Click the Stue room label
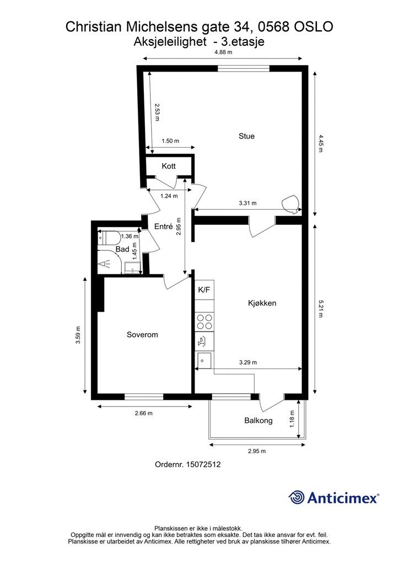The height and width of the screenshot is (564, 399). [x=246, y=136]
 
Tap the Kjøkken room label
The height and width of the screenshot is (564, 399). [x=262, y=303]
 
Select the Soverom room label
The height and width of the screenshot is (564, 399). [x=142, y=334]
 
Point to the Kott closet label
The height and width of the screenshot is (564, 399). [x=169, y=166]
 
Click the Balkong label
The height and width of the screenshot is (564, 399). [x=258, y=420]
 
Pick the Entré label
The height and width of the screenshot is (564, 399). [x=163, y=226]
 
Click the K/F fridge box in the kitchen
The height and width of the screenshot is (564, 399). [x=204, y=290]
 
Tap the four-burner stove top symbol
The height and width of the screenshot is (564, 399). [x=204, y=322]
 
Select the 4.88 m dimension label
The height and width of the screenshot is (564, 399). [x=223, y=52]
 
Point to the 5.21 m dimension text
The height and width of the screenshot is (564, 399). [x=320, y=308]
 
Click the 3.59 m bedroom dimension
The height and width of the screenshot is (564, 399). [x=78, y=335]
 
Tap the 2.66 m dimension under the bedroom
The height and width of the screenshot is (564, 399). [x=143, y=413]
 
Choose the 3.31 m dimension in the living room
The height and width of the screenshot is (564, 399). [x=248, y=203]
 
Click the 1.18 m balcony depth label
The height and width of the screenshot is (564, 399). [x=292, y=419]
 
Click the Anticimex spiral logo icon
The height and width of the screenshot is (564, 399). [x=296, y=497]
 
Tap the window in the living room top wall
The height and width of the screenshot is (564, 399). [x=244, y=69]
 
